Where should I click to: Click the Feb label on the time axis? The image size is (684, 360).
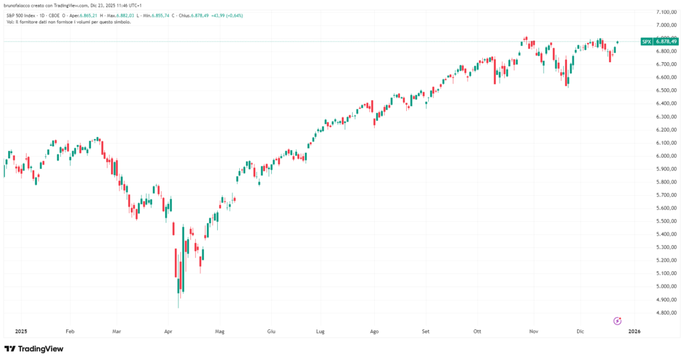[x=70, y=331]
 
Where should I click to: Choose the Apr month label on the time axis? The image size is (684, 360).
[x=168, y=331]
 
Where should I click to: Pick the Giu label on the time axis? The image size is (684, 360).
[x=271, y=331]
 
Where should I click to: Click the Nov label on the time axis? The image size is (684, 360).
[x=533, y=331]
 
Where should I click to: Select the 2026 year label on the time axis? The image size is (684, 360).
[x=635, y=331]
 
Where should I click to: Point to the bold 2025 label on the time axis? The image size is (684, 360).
[x=20, y=331]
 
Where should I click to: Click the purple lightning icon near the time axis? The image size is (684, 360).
[x=618, y=321]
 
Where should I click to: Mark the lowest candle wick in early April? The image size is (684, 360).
[x=178, y=307]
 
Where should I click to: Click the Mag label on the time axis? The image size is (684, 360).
[x=220, y=331]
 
